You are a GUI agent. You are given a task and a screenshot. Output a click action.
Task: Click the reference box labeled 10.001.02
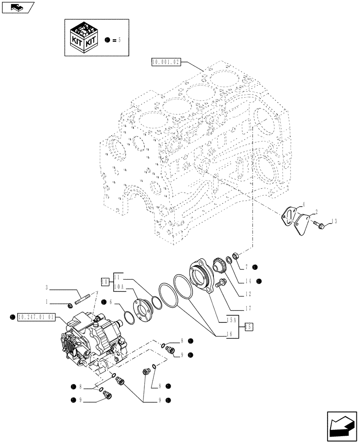(x=166, y=62)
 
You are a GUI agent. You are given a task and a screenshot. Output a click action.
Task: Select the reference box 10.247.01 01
(x=36, y=317)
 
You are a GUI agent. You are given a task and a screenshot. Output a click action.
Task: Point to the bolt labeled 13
(x=319, y=223)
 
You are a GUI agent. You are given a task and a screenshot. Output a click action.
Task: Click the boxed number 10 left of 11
(x=104, y=281)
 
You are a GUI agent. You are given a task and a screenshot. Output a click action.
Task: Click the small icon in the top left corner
(x=18, y=7)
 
